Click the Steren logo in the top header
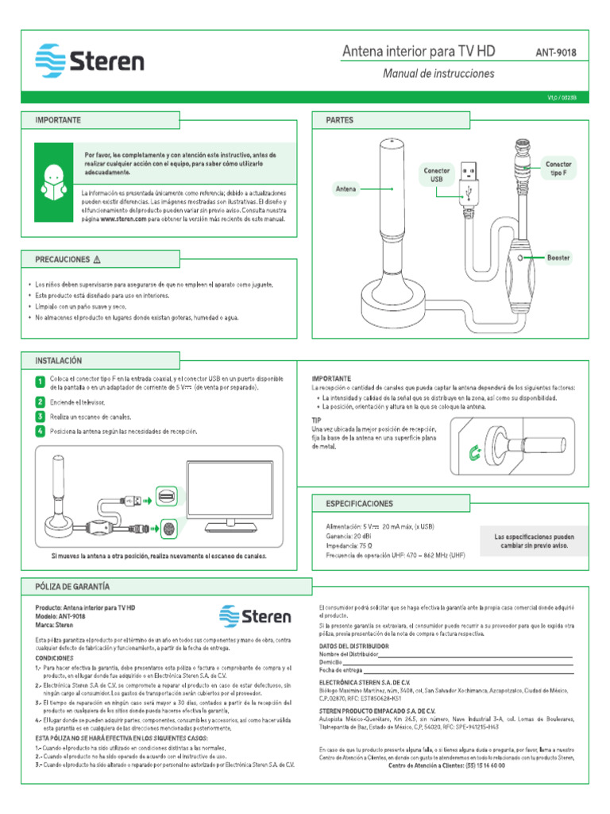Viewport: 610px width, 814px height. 89,61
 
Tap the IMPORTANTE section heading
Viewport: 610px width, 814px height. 58,120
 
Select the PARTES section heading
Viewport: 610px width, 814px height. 340,120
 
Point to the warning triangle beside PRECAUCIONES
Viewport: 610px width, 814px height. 97,259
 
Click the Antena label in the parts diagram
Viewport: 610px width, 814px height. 346,189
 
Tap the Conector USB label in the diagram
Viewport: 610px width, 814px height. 436,175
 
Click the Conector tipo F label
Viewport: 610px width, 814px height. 558,169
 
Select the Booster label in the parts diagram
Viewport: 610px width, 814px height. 558,258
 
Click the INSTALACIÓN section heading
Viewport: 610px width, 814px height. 59,360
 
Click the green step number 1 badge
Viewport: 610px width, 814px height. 40,382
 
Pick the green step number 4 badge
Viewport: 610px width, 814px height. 40,431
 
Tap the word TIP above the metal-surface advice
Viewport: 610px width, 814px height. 317,420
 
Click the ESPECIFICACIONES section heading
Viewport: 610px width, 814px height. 359,504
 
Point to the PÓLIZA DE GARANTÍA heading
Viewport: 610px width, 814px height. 72,586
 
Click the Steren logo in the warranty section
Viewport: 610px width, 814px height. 255,617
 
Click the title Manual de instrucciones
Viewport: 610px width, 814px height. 438,74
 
